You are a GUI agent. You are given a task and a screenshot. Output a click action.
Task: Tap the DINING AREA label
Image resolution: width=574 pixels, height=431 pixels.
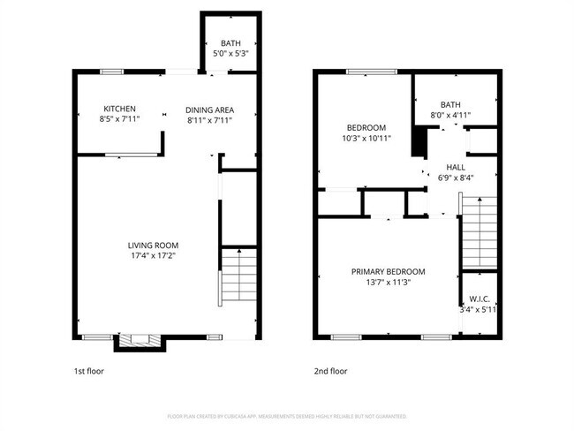click(x=209, y=110)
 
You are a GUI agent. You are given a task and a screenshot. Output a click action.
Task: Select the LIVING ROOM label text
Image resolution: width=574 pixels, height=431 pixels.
click(x=154, y=246)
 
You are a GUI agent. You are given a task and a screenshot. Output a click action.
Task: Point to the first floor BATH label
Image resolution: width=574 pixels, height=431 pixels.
click(x=230, y=42)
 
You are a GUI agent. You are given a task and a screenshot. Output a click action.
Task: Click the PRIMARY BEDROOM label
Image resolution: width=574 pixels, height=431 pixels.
click(x=388, y=271)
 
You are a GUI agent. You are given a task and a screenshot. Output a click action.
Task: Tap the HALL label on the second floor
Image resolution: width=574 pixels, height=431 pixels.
click(x=456, y=166)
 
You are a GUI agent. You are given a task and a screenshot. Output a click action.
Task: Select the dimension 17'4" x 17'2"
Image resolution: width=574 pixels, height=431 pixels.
click(x=154, y=256)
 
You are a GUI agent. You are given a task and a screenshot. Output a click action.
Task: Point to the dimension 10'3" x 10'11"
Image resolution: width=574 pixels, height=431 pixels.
click(x=366, y=138)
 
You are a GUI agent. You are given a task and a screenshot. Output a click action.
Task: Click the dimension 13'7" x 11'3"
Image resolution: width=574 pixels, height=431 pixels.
click(x=388, y=282)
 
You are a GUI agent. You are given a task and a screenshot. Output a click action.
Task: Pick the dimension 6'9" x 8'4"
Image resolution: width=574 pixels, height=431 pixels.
click(x=456, y=177)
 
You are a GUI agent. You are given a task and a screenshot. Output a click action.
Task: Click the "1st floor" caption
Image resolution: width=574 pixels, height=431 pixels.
click(x=88, y=372)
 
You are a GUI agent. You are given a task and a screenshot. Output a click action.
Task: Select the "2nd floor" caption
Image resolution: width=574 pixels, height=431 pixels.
click(x=331, y=372)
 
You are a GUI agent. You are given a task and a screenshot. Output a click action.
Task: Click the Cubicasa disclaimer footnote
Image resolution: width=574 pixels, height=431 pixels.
click(x=287, y=416)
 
